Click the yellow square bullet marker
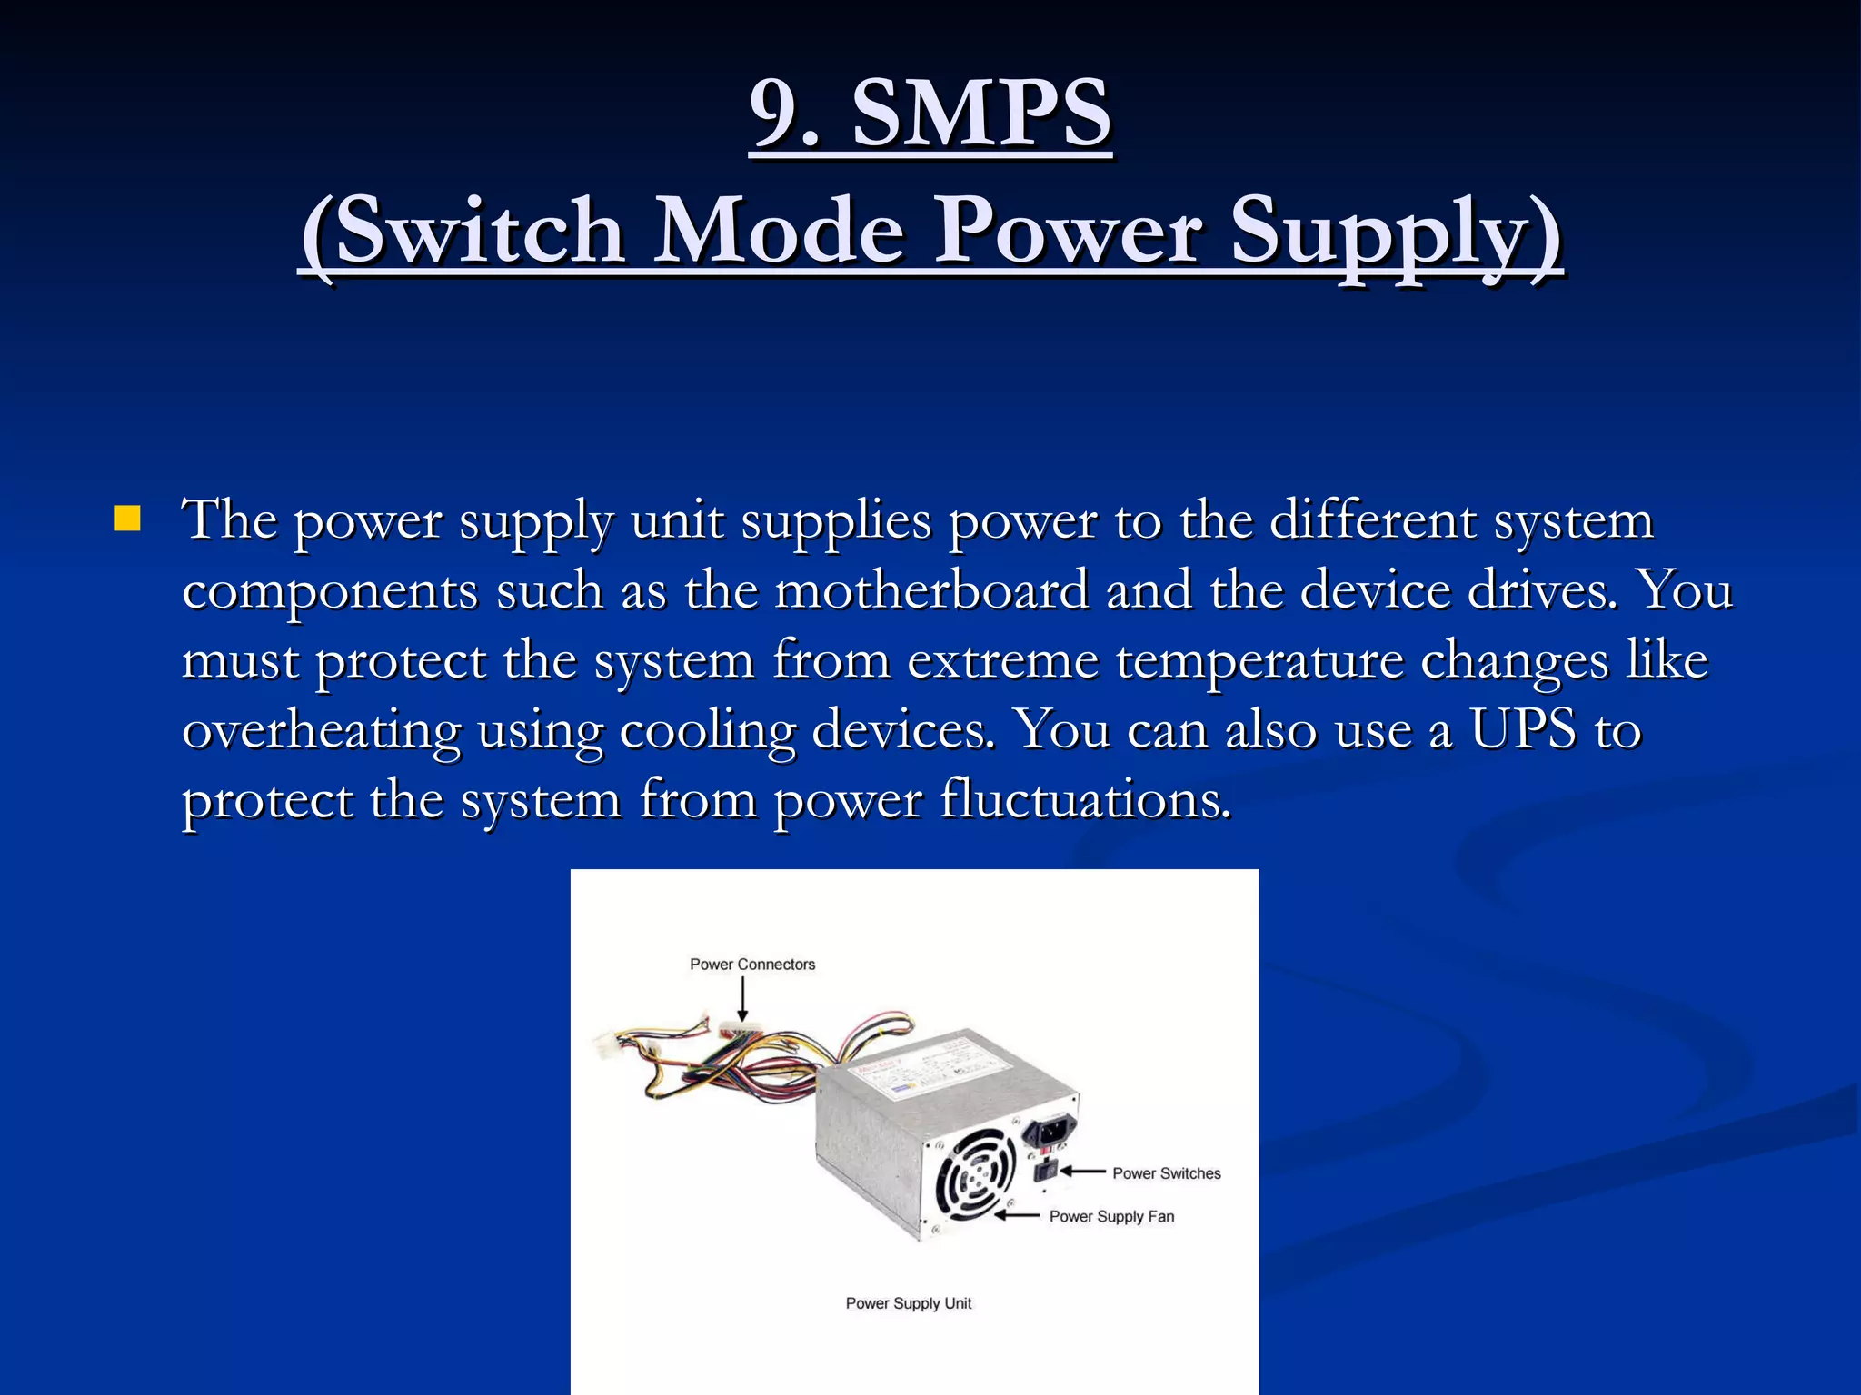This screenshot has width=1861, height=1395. [x=128, y=519]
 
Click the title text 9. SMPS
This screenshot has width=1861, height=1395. [x=930, y=114]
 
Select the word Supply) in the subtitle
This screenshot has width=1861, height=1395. [x=1395, y=231]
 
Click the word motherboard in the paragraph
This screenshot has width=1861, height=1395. [x=931, y=590]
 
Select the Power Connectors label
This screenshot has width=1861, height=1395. [x=752, y=965]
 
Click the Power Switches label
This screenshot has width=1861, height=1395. [x=1166, y=1173]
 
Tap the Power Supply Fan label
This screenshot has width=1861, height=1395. [x=1111, y=1217]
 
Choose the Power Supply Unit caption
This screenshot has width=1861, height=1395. [x=909, y=1303]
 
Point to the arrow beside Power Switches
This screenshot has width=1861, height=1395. [x=1083, y=1172]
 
